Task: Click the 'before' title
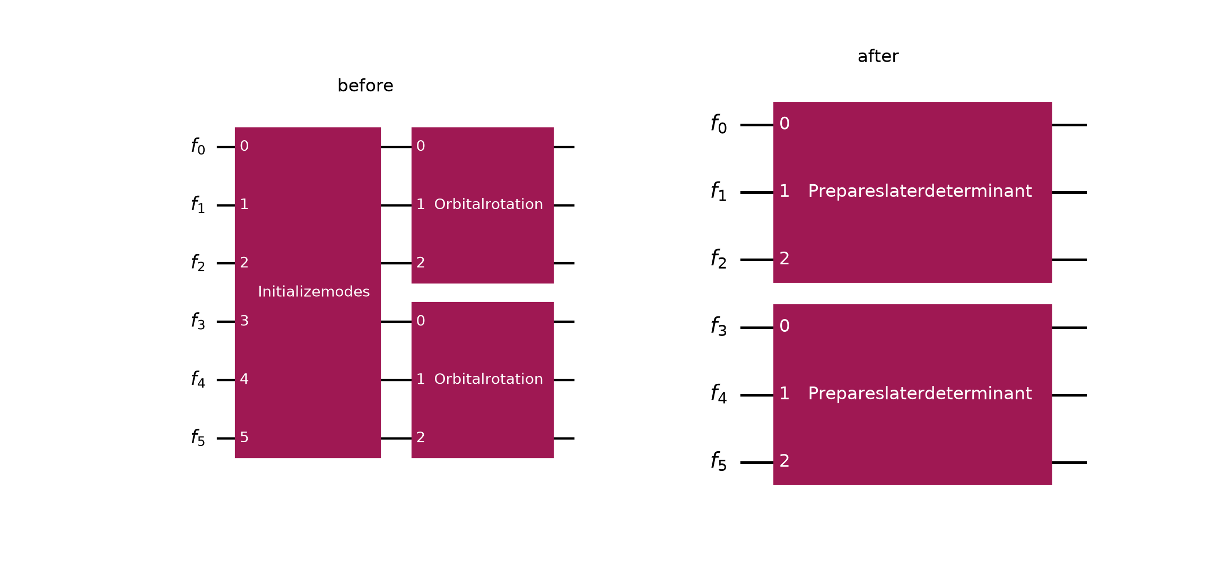pyautogui.click(x=365, y=85)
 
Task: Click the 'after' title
pyautogui.click(x=878, y=56)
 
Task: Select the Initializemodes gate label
pyautogui.click(x=314, y=291)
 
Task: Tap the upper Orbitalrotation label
pyautogui.click(x=488, y=204)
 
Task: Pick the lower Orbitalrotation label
pyautogui.click(x=488, y=379)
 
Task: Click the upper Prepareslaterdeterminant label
pyautogui.click(x=920, y=191)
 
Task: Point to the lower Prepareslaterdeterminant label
pyautogui.click(x=920, y=393)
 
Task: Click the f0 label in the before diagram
pyautogui.click(x=198, y=146)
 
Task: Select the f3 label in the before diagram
pyautogui.click(x=198, y=321)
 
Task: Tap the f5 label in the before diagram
pyautogui.click(x=198, y=437)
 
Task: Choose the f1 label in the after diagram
pyautogui.click(x=719, y=191)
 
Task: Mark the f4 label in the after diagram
pyautogui.click(x=719, y=394)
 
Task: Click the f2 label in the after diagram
pyautogui.click(x=719, y=259)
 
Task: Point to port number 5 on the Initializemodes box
pyautogui.click(x=244, y=437)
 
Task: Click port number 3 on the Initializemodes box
pyautogui.click(x=244, y=321)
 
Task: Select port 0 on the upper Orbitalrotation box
pyautogui.click(x=421, y=146)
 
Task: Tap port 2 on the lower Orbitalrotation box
pyautogui.click(x=421, y=437)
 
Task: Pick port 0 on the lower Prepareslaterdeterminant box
pyautogui.click(x=784, y=326)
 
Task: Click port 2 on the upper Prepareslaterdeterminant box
pyautogui.click(x=784, y=259)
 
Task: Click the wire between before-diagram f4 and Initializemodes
pyautogui.click(x=226, y=380)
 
